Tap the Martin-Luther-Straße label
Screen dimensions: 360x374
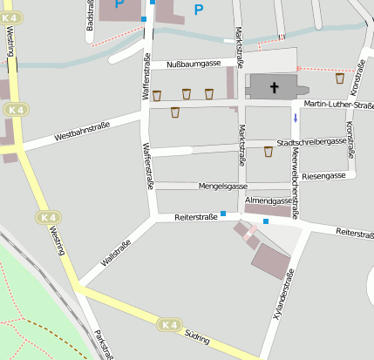point(332,105)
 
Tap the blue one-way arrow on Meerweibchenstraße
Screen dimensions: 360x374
point(296,118)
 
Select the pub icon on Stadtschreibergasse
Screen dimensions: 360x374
point(269,152)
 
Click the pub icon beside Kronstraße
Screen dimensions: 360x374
point(340,78)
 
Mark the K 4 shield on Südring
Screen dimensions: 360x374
point(169,325)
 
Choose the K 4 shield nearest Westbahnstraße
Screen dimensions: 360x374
point(14,110)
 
